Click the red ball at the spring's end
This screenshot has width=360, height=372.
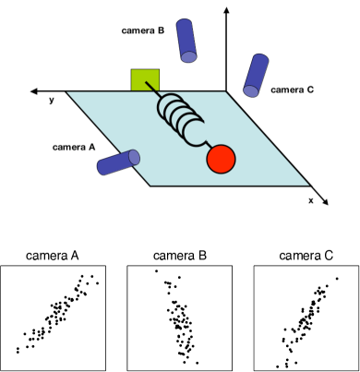pos(221,159)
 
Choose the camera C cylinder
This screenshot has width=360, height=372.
pos(254,75)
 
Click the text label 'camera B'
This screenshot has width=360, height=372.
pos(142,30)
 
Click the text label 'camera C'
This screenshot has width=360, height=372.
pos(292,90)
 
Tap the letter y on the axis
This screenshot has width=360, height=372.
pos(52,100)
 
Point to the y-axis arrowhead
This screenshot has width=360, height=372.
pos(34,91)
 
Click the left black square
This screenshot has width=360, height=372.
pos(54,318)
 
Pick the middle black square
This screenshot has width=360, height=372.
pos(179,318)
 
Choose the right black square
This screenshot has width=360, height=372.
pos(306,318)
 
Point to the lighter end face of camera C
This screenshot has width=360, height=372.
pos(250,90)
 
